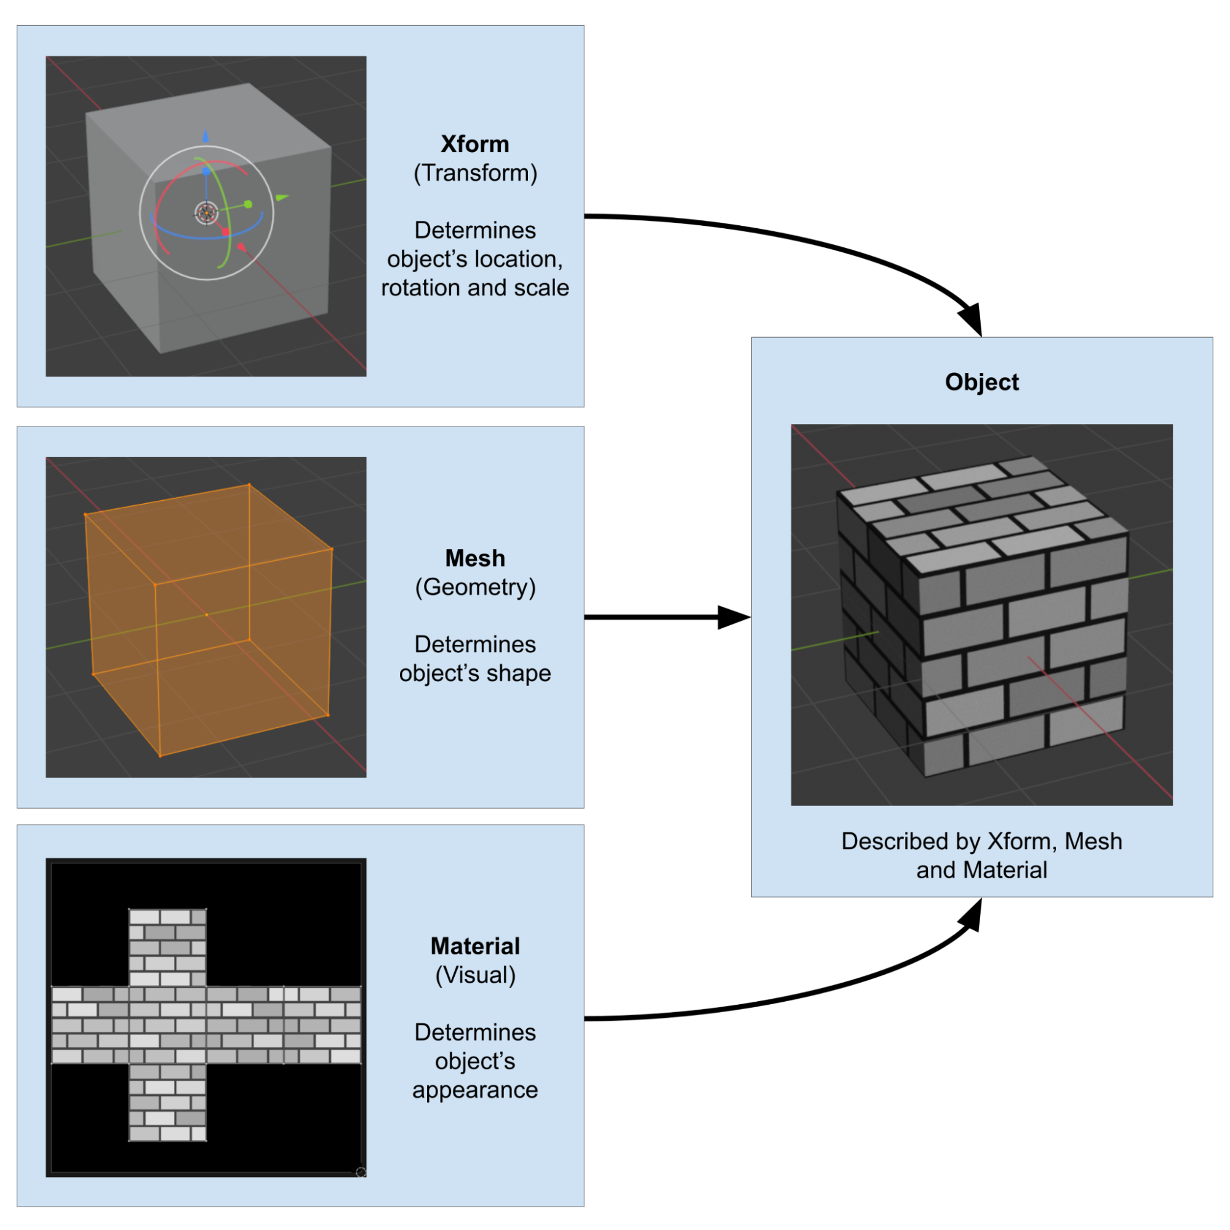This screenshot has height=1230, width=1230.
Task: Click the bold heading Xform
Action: (x=475, y=145)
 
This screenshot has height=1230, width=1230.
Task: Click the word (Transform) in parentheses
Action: (x=475, y=173)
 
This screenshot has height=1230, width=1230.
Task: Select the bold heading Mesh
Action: (x=475, y=558)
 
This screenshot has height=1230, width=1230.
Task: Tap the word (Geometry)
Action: (x=475, y=587)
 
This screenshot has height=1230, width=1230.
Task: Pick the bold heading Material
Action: (x=475, y=946)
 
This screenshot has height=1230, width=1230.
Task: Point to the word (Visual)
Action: (x=475, y=975)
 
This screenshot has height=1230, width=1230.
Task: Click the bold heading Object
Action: (x=981, y=382)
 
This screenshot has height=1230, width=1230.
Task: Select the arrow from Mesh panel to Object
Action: (x=662, y=617)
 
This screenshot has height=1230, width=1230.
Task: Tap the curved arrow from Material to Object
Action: (x=828, y=993)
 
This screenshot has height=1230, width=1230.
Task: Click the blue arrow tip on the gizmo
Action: (x=205, y=135)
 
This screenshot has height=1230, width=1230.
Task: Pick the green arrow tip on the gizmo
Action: (x=282, y=198)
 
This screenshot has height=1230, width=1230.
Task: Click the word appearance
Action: (x=475, y=1090)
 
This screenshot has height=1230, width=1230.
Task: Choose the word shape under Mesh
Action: (x=519, y=673)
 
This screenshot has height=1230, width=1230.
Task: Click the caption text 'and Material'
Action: (x=981, y=869)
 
